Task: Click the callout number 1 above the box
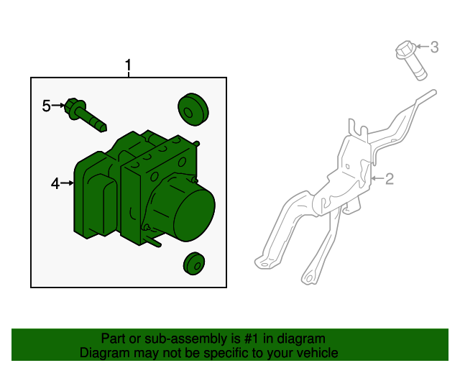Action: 128,65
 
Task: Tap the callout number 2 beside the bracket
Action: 389,179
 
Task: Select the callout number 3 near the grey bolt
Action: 434,47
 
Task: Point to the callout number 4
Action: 55,184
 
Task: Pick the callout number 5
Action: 46,106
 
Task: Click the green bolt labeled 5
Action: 85,115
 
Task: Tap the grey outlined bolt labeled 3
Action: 410,60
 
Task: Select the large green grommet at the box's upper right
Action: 193,109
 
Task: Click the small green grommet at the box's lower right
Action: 194,263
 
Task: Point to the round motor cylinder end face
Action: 195,214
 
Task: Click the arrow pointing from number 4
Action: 67,183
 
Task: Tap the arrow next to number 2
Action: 377,178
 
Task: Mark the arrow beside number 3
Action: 423,47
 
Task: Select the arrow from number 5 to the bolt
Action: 58,105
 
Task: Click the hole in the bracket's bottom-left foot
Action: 264,265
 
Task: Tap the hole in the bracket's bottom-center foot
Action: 308,277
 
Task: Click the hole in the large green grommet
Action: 188,113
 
